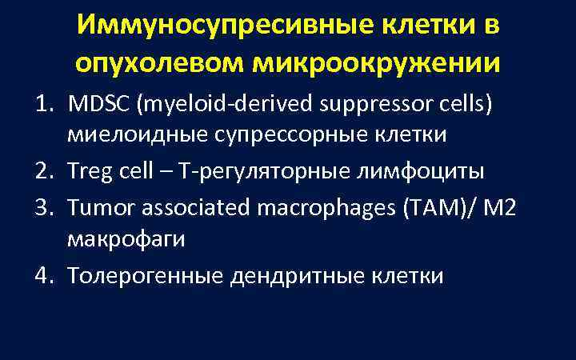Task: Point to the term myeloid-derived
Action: [186, 104]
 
